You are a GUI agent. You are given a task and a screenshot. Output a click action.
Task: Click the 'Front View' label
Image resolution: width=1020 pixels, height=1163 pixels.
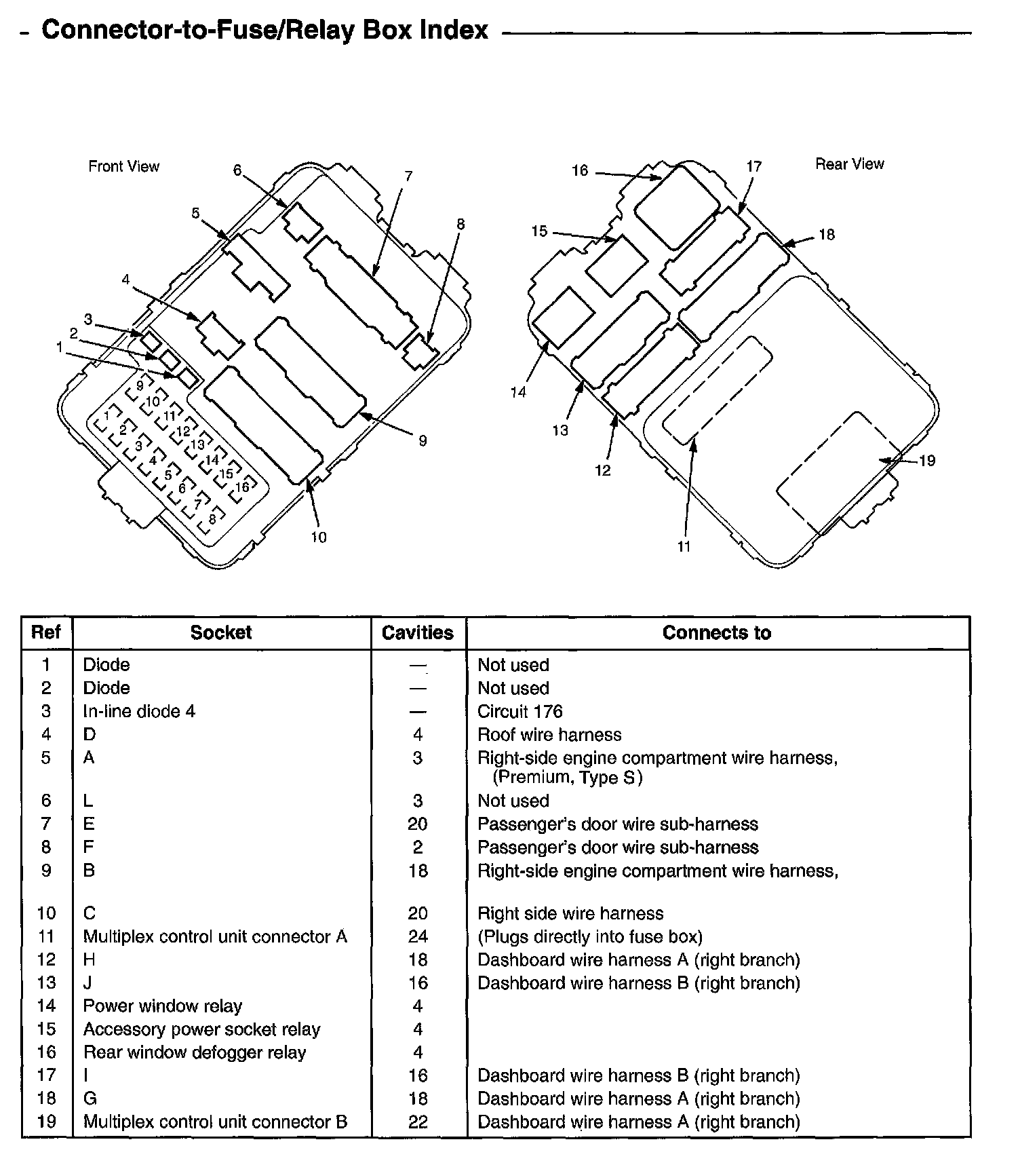pos(123,166)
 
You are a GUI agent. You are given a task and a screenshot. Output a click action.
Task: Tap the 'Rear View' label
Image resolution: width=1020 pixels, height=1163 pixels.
pos(849,164)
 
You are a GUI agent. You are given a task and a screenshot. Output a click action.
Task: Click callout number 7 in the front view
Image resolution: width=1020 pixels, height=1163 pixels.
pos(408,176)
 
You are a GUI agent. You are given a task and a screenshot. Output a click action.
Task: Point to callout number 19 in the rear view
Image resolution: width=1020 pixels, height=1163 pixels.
pos(926,461)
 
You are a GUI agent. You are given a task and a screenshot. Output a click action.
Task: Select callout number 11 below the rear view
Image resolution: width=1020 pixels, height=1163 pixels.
pos(684,546)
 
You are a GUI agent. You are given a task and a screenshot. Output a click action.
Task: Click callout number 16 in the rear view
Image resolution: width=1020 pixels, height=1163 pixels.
pos(580,170)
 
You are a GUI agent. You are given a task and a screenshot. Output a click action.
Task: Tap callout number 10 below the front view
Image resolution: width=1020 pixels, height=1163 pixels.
pos(319,537)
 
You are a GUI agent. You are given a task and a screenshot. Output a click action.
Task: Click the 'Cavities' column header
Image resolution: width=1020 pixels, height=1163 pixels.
pos(418,632)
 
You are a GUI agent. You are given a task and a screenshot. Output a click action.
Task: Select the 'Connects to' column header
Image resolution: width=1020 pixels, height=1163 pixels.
pos(716,632)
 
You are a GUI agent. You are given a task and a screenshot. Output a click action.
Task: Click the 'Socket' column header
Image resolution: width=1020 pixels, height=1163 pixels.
pos(221,632)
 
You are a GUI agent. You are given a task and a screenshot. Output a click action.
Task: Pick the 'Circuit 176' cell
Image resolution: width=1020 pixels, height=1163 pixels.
pos(520,711)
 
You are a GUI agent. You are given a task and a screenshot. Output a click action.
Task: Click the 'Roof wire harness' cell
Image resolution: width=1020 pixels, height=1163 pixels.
pos(549,734)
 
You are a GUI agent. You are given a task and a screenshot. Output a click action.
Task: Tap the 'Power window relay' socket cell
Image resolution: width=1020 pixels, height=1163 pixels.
pos(163,1006)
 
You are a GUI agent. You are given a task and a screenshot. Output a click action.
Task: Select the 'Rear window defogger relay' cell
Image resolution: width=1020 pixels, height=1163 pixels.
pos(195,1052)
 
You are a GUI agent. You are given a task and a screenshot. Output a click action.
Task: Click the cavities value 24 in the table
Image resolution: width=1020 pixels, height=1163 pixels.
pos(418,936)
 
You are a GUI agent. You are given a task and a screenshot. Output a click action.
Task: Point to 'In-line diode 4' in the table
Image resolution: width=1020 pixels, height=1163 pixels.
pos(139,711)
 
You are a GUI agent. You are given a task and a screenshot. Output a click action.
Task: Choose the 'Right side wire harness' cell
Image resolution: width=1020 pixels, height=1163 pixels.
pos(570,913)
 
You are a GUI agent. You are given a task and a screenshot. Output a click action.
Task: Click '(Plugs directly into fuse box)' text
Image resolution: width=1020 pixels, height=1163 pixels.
pos(590,936)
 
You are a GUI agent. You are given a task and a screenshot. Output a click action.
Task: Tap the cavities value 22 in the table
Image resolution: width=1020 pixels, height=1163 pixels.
pos(418,1122)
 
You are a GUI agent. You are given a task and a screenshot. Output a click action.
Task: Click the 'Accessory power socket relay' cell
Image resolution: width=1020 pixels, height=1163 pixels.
pos(201,1029)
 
